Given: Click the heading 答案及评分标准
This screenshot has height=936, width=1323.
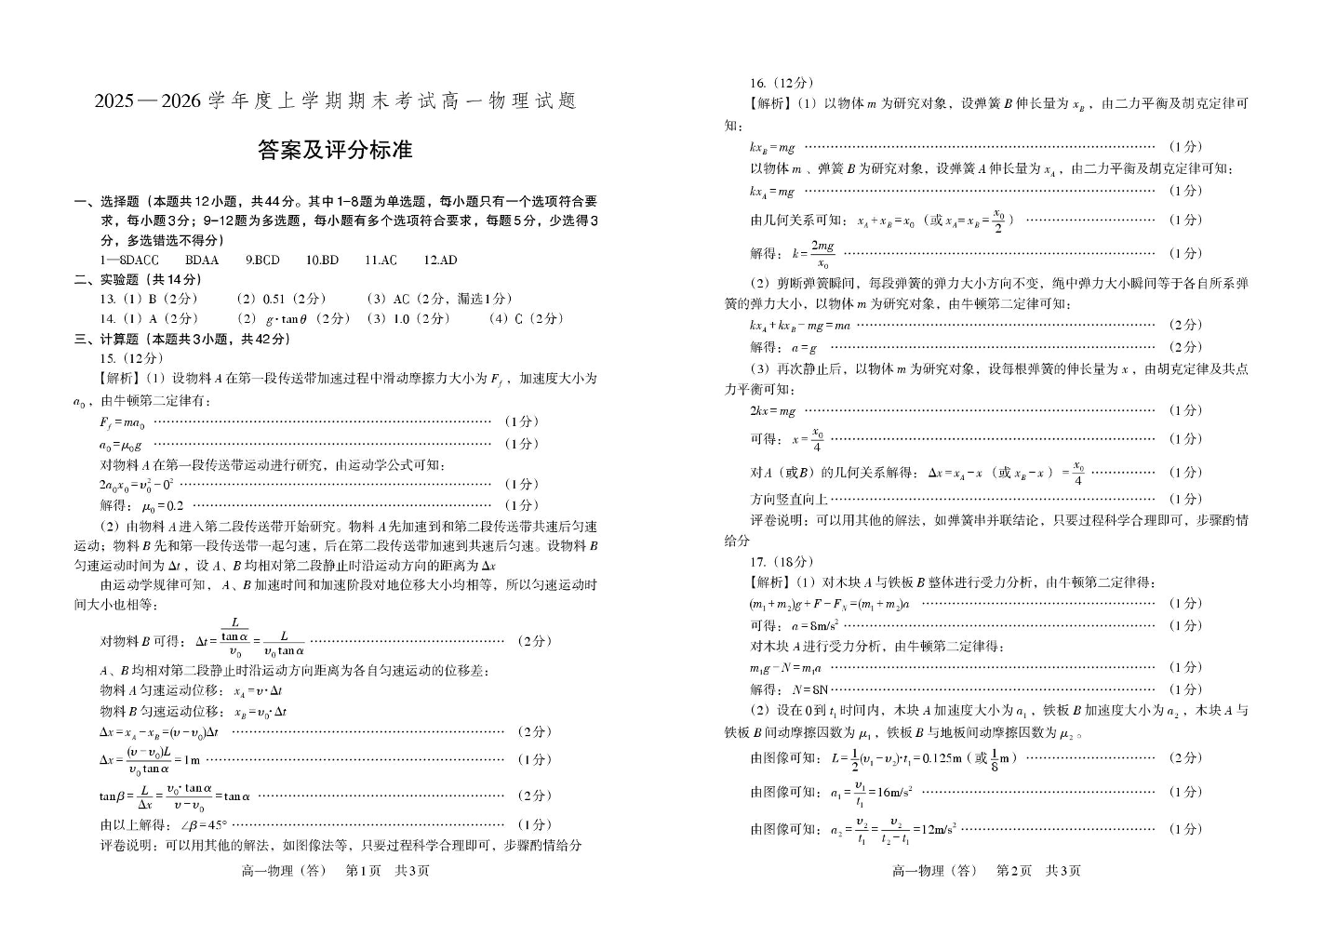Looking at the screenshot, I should coord(334,151).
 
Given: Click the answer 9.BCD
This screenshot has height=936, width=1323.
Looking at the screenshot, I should coord(262,261).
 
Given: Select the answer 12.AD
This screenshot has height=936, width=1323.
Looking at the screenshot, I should coord(440,261).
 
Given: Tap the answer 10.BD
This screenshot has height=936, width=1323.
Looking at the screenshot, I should coord(322,261).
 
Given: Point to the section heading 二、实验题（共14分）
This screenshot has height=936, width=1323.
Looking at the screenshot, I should coord(138,280).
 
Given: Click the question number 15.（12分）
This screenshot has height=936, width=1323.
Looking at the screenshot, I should coord(131,358).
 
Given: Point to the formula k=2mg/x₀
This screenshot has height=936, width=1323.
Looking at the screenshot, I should coord(813,253).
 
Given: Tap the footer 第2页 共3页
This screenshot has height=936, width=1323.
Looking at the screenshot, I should coord(1038,871).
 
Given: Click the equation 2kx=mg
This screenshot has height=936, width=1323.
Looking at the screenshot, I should coord(773,410).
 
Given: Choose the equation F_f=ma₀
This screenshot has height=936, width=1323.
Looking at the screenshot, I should coord(122,421).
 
